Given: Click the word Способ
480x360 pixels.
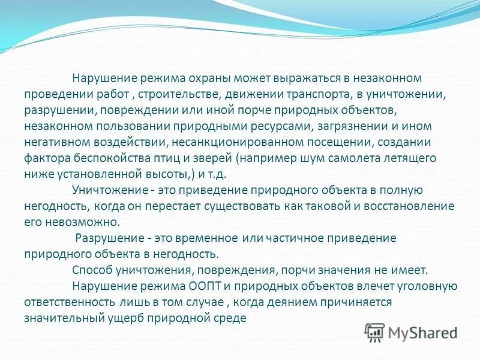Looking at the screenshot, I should (90, 270).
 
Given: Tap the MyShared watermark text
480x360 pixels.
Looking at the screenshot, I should (421, 331).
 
